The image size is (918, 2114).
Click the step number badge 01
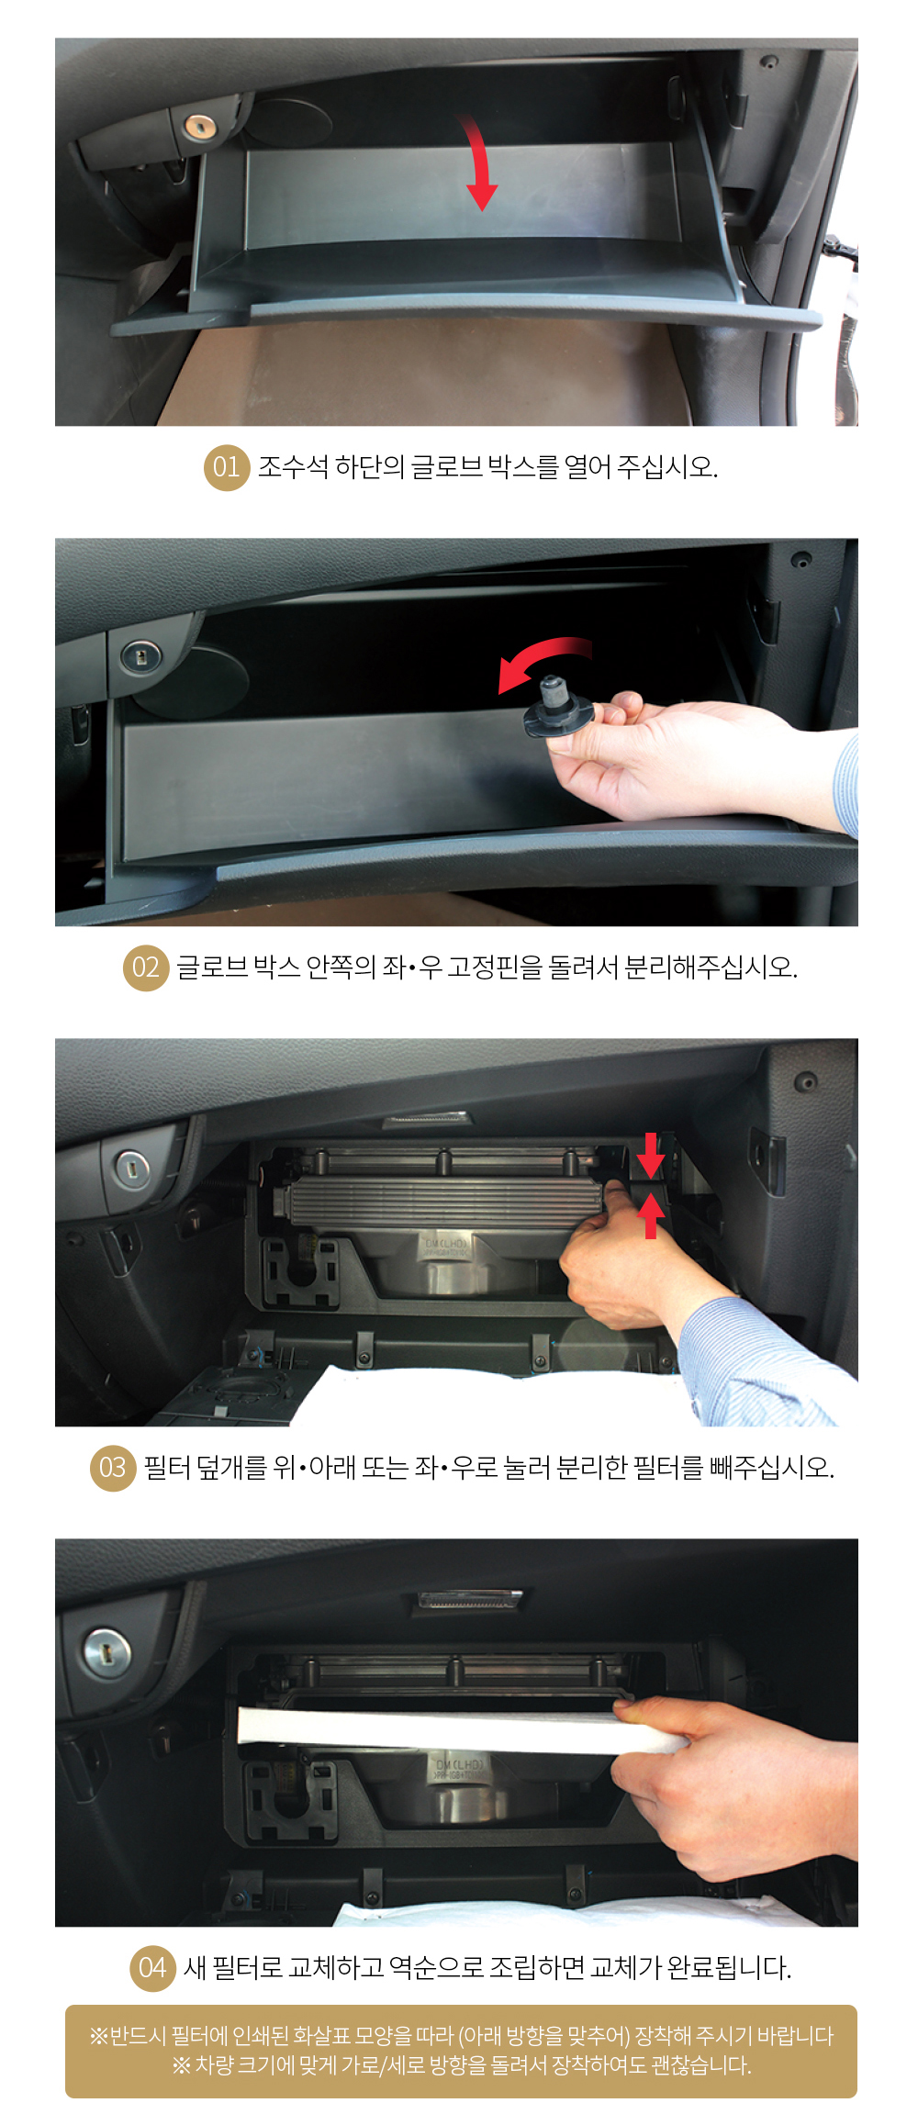227,467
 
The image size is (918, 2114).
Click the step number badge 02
146,968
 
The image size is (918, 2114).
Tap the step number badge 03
113,1468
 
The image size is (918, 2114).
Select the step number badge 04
152,1968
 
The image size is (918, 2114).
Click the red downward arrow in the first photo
479,162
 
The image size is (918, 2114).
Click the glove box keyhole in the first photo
198,127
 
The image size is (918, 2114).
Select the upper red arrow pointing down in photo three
650,1155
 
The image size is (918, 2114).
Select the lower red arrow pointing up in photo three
650,1214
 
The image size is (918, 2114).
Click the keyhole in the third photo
130,1169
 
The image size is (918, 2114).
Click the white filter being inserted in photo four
459,1728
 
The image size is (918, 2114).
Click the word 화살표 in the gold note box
322,2036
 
